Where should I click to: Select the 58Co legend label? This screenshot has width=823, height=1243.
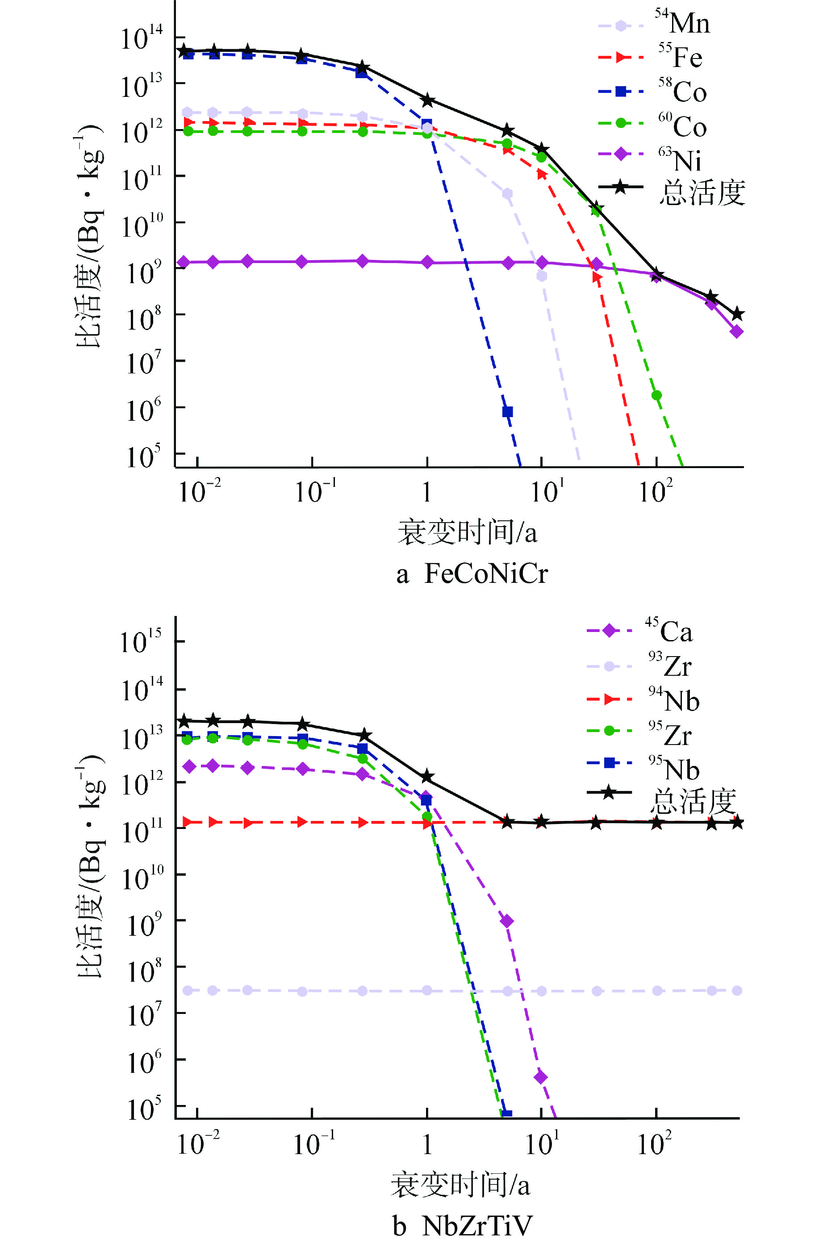(x=682, y=91)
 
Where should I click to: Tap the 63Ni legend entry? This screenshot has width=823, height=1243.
(x=680, y=159)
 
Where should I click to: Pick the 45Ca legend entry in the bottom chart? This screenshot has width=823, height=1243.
(x=668, y=630)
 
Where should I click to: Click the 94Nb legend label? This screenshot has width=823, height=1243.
(x=674, y=700)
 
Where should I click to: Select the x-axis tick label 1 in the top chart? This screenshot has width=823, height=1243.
(x=427, y=492)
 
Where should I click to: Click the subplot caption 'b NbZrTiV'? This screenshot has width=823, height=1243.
(x=462, y=1226)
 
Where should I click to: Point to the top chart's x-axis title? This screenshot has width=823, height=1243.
(x=467, y=532)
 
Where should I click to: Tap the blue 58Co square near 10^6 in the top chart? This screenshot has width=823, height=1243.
(x=507, y=411)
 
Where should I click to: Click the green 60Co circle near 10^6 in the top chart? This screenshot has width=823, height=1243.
(x=656, y=395)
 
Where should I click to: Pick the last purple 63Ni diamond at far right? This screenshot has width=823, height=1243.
(x=736, y=331)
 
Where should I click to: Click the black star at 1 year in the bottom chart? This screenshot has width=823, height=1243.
(x=427, y=776)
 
